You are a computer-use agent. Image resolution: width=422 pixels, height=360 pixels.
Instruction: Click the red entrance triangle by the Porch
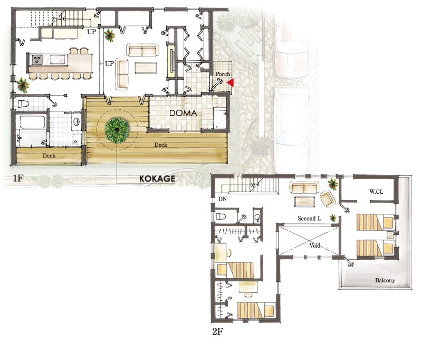(x=231, y=83)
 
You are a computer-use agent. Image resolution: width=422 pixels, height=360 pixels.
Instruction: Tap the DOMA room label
(x=183, y=113)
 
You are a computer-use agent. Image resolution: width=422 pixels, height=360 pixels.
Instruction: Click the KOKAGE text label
(x=157, y=178)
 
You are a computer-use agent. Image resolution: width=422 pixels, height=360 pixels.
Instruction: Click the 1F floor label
(x=18, y=178)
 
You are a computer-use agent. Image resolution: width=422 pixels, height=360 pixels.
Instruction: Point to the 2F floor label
(x=217, y=331)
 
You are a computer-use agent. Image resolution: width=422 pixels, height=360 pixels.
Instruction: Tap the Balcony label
(x=385, y=280)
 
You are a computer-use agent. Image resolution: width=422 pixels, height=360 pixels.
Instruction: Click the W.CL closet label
(x=376, y=192)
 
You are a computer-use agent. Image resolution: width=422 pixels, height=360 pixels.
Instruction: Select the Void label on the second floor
(x=314, y=245)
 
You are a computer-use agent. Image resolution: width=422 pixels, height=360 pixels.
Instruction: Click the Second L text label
(x=309, y=219)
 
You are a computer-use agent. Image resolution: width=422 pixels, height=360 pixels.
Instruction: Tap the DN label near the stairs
(x=222, y=199)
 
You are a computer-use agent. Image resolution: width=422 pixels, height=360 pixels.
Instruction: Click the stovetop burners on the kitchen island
(x=37, y=60)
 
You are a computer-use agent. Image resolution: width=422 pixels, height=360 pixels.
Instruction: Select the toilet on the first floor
(x=23, y=104)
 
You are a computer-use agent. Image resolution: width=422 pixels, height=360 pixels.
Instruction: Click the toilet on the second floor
(x=222, y=216)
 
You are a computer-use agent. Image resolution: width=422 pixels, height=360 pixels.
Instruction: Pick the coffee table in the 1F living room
(x=146, y=68)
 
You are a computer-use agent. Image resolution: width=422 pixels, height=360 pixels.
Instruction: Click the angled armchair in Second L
(x=328, y=199)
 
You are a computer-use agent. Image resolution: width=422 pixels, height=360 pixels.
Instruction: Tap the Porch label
(x=223, y=74)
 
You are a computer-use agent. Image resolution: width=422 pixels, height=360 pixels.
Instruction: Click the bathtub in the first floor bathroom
(x=32, y=122)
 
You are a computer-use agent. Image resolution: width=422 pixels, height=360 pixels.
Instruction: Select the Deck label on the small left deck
(x=49, y=156)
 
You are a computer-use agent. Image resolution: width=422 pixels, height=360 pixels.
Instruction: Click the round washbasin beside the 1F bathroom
(x=76, y=122)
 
